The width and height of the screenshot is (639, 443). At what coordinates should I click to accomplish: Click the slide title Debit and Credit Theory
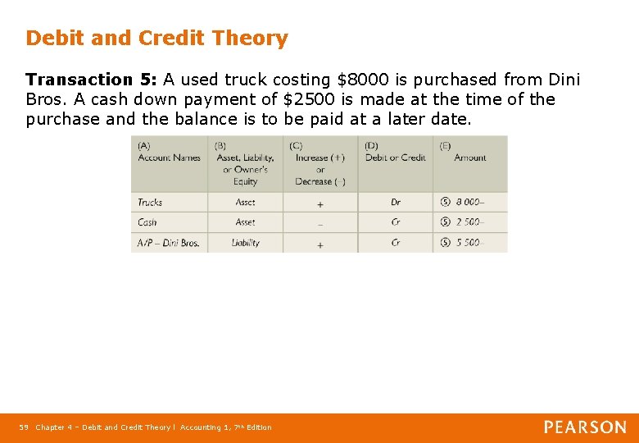[156, 39]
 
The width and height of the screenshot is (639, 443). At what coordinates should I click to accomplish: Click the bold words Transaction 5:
[91, 80]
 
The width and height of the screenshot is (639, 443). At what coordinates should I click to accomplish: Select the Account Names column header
[169, 157]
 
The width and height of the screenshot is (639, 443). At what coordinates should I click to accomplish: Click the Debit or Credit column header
[395, 157]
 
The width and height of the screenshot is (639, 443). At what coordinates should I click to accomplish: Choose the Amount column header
[469, 157]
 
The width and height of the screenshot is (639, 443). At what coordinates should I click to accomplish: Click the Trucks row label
[150, 202]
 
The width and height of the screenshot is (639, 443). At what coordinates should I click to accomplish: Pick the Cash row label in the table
[147, 222]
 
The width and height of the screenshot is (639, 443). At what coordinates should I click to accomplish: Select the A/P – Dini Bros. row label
[168, 243]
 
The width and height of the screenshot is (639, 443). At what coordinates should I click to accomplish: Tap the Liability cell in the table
[245, 243]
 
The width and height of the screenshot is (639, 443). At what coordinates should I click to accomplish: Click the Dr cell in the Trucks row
[396, 202]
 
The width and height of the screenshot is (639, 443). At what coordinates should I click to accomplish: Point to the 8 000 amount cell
[469, 202]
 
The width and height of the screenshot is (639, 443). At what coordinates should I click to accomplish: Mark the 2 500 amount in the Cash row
[469, 222]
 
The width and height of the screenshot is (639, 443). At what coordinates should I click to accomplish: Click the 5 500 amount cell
[469, 243]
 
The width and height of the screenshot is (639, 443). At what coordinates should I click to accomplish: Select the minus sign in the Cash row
[319, 223]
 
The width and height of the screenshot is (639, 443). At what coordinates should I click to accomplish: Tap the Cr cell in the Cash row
[396, 222]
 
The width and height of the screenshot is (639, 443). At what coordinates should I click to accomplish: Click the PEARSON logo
[585, 427]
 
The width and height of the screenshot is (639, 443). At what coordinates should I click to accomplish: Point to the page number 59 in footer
[24, 427]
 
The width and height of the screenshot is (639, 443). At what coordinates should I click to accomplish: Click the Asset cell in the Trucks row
[245, 202]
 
